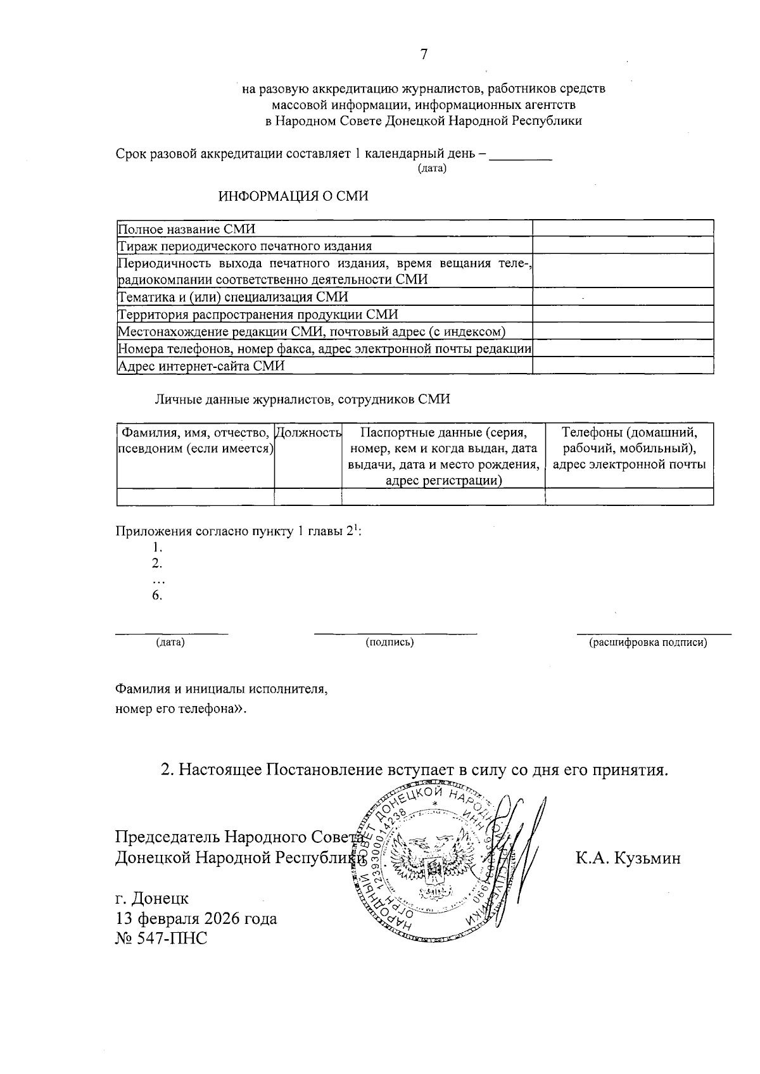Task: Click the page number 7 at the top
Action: click(x=424, y=54)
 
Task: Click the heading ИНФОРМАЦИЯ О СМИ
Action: click(x=293, y=196)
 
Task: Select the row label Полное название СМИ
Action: click(x=187, y=229)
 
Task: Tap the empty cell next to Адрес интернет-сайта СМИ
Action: click(x=623, y=366)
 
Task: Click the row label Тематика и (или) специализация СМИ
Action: click(x=233, y=297)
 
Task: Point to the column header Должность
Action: click(x=309, y=433)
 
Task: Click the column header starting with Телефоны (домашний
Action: click(x=629, y=448)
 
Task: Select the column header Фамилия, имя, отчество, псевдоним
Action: click(x=196, y=440)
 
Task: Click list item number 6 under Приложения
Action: click(x=157, y=595)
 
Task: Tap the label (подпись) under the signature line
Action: click(x=389, y=643)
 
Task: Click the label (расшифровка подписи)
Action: click(x=647, y=643)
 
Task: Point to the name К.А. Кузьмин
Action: click(x=628, y=859)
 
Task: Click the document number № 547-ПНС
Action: click(x=161, y=938)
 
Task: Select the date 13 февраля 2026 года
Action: click(x=196, y=918)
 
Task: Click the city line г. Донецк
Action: click(x=151, y=898)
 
